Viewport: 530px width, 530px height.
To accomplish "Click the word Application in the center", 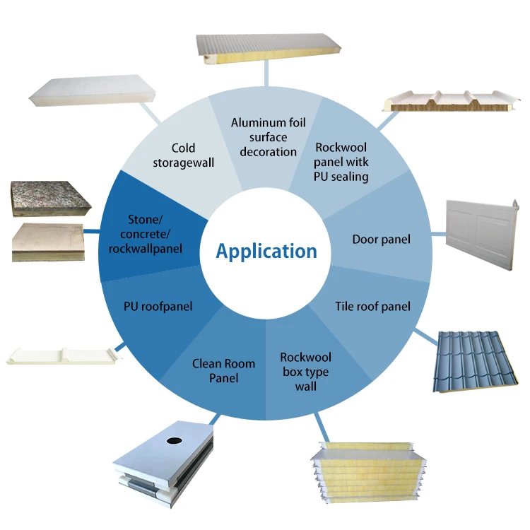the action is coord(266,251).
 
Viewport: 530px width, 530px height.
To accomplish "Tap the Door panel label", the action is coord(382,240).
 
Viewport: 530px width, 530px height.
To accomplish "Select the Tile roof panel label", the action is coord(372,306).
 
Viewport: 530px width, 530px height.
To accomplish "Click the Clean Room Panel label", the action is coord(224,371).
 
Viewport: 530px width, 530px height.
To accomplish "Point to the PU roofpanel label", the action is coord(158,307).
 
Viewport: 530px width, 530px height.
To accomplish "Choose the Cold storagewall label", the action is coord(184,155).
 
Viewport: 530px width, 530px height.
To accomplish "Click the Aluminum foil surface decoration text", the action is coord(268,137).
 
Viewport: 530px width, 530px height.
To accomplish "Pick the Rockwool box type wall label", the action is coord(305,372).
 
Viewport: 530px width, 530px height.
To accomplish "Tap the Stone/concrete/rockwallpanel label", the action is coord(146,234).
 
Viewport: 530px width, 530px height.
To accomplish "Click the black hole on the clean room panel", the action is coord(175,440).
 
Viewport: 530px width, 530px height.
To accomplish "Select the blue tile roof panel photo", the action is coord(475,361).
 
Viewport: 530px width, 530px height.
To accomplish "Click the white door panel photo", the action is coord(482,235).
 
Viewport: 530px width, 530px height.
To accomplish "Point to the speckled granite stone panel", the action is coord(51,199).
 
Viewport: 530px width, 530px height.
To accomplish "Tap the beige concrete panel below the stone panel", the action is coord(48,242).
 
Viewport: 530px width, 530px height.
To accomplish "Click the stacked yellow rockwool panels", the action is coord(368,472).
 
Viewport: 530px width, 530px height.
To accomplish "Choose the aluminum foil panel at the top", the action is coord(269,48).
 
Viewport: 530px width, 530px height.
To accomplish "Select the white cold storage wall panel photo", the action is coord(92,90).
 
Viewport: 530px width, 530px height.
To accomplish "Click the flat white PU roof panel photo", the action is coord(62,356).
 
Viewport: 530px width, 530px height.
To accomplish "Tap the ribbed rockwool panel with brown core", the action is coord(451,101).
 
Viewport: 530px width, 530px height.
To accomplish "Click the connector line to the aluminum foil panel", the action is coord(266,72).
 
